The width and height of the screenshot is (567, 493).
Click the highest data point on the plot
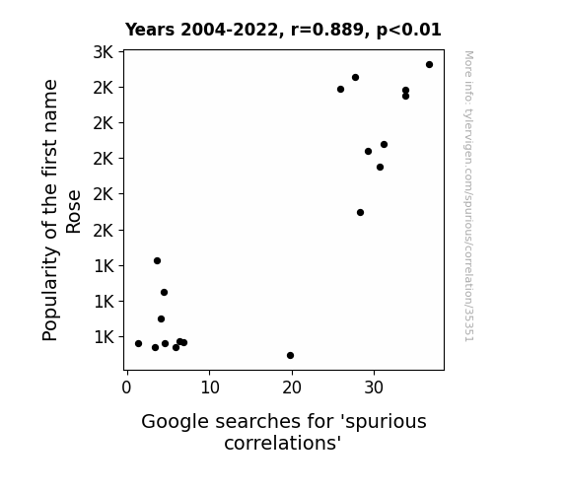pos(429,65)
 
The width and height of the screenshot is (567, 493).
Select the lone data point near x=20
pos(290,356)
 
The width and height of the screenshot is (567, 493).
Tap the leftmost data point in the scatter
pos(138,343)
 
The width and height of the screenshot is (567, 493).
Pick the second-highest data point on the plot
pos(355,78)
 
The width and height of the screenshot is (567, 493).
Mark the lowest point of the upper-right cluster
pos(360,212)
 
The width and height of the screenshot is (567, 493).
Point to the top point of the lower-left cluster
pos(157,260)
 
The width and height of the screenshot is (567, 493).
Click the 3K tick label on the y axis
pos(104,52)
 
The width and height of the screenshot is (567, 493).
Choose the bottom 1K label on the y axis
pos(104,337)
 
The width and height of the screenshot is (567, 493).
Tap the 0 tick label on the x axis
pos(126,387)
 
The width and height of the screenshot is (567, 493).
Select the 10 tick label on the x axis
pos(210,387)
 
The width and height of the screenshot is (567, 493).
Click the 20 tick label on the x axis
pos(292,387)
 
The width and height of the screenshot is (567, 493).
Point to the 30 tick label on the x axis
pos(374,387)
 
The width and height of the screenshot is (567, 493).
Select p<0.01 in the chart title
pos(408,31)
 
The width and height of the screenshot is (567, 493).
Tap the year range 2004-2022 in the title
pos(229,30)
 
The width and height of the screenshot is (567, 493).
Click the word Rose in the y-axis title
pos(73,212)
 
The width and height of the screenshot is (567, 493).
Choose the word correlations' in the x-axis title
pos(283,443)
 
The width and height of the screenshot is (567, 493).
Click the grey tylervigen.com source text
pos(468,196)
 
